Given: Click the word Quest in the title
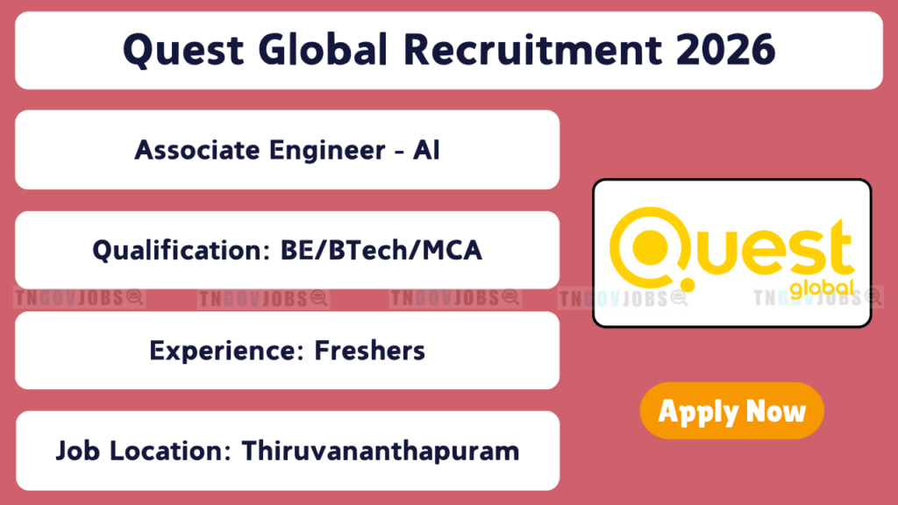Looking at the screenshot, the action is coord(183,50).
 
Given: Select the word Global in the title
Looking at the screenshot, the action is coord(323,49).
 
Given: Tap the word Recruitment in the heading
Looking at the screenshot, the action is coord(532,49).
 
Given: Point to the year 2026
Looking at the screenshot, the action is coord(725,49).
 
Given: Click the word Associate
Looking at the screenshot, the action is coord(197,150).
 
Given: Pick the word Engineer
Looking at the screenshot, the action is coord(327,151).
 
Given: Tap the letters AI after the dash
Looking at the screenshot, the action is coord(426,150).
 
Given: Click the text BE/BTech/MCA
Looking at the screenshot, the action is coord(381,250).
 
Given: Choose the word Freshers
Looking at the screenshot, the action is coord(369,351).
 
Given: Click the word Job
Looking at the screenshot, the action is coord(77,451).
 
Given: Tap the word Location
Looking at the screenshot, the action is coord(170,451).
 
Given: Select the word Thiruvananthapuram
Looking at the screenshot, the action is coord(381,452).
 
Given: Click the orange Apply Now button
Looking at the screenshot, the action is coord(732,410).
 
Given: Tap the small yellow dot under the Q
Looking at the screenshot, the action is coord(688,285).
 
